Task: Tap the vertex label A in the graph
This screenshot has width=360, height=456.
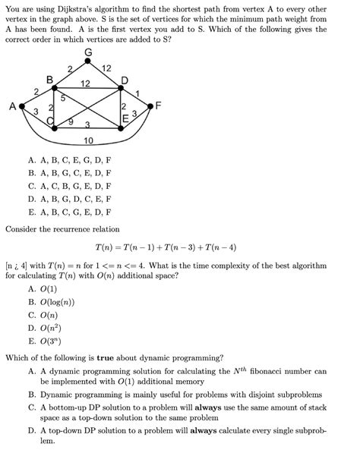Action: tap(11, 108)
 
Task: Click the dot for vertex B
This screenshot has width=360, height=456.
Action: tap(51, 87)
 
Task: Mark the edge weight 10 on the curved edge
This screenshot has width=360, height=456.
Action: tap(89, 142)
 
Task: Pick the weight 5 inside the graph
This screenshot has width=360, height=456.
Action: tap(64, 98)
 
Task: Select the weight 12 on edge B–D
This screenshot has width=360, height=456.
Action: tap(86, 82)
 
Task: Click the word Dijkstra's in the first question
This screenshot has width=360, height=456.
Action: tap(84, 8)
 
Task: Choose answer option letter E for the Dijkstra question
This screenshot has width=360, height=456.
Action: tap(31, 212)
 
